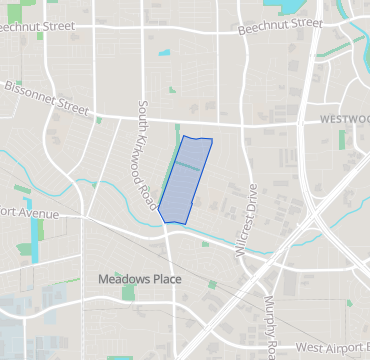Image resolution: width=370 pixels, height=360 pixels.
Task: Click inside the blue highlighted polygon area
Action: (x=186, y=180)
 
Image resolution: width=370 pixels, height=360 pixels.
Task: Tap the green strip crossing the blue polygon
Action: (x=190, y=164)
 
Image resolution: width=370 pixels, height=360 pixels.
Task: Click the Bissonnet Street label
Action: (x=45, y=96)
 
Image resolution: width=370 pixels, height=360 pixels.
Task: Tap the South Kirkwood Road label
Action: (x=150, y=159)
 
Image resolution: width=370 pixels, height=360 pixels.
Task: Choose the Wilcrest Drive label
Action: (x=246, y=219)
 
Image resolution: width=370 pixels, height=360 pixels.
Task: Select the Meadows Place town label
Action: (x=140, y=279)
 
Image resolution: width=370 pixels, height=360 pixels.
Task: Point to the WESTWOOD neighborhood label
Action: (x=344, y=118)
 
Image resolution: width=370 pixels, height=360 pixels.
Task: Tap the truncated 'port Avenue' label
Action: (x=29, y=213)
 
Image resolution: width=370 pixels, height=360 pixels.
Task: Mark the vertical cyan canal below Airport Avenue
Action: (x=36, y=240)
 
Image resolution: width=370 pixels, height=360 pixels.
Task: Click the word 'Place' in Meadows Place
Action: (x=166, y=279)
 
